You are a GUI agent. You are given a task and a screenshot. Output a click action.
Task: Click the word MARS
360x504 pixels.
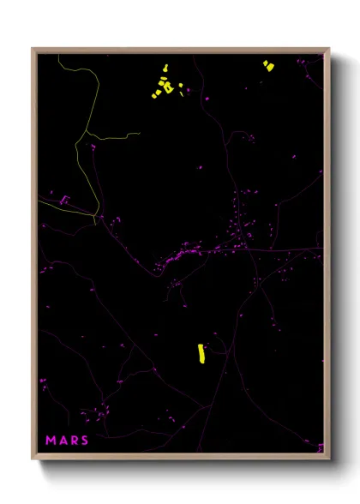click(x=66, y=440)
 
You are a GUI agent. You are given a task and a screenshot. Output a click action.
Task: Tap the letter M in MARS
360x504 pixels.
click(x=51, y=440)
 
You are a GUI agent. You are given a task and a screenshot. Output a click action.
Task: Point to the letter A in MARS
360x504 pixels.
click(x=62, y=440)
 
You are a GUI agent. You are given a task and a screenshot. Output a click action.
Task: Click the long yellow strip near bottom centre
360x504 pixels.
click(x=201, y=353)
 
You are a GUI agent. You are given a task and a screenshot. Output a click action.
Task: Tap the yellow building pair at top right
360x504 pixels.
click(x=267, y=64)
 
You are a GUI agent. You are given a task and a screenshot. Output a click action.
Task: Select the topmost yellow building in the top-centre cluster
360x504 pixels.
click(x=164, y=69)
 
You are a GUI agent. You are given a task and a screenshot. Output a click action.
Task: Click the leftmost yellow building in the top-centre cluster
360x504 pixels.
click(x=155, y=94)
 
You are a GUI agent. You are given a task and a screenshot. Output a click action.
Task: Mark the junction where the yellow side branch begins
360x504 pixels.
click(x=87, y=133)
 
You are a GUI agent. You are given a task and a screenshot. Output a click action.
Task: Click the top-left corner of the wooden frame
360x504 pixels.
click(x=33, y=49)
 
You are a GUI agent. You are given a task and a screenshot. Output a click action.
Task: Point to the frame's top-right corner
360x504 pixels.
click(x=328, y=49)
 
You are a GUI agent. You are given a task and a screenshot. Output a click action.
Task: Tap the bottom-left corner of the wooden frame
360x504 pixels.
click(x=33, y=459)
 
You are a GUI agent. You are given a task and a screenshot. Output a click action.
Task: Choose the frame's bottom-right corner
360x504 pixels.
click(x=328, y=459)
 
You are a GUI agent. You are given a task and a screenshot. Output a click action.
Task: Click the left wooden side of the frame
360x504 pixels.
click(x=33, y=257)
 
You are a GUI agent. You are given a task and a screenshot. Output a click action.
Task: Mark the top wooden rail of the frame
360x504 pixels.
click(x=180, y=50)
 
